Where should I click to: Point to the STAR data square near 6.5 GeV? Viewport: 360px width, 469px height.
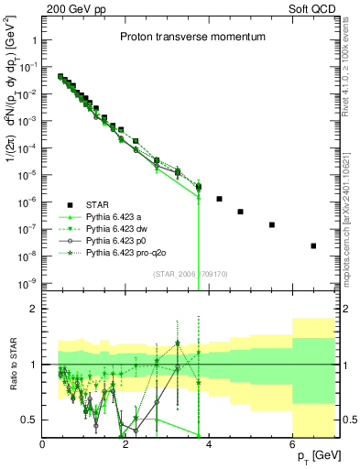tap(313, 245)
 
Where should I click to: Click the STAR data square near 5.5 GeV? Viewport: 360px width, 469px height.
tap(272, 224)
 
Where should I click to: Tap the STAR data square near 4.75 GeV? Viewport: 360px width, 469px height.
tap(240, 212)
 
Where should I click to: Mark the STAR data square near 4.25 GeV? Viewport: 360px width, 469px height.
tap(220, 199)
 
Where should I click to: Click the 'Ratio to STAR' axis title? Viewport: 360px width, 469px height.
tap(12, 365)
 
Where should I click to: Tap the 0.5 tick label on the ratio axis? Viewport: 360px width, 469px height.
tap(29, 420)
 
